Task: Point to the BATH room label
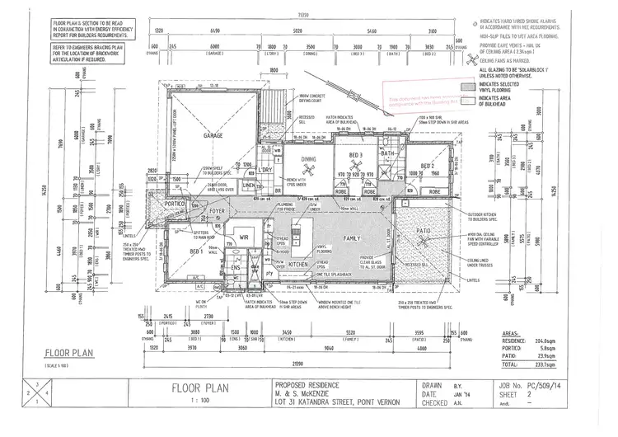pos(389,153)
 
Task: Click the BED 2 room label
pos(426,166)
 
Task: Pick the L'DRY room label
pos(265,170)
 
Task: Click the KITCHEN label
pos(298,264)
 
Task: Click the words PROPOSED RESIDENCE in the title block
pos(302,384)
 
